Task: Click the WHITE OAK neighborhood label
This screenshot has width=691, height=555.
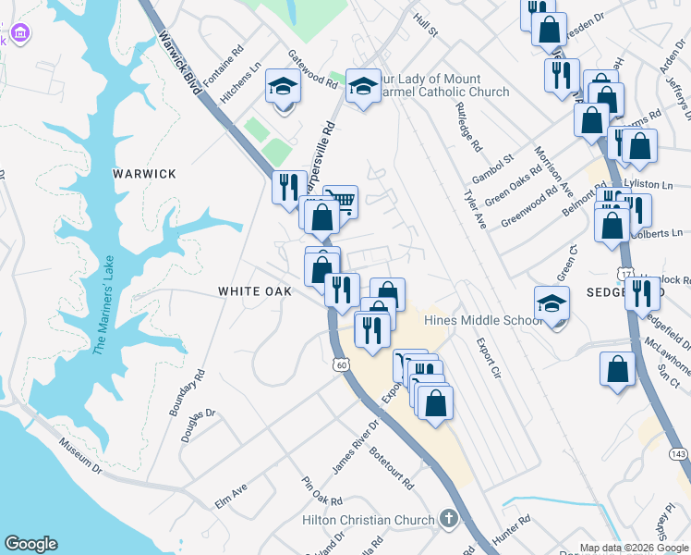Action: (x=255, y=290)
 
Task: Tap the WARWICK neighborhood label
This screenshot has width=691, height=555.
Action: (x=144, y=174)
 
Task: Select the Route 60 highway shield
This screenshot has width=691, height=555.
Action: (x=342, y=366)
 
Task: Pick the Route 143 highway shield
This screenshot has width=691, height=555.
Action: (x=677, y=454)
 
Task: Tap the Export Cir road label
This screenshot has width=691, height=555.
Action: (x=488, y=359)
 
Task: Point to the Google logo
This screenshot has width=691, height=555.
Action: (x=30, y=544)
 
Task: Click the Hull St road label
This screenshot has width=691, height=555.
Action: (x=426, y=25)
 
